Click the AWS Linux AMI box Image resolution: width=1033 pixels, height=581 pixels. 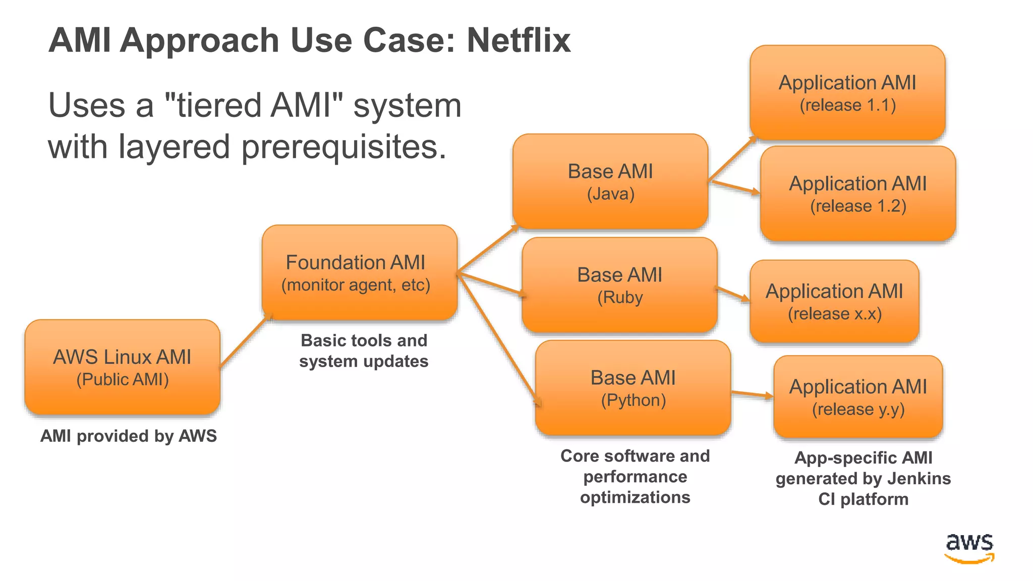click(122, 367)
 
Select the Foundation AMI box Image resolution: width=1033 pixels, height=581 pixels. click(359, 272)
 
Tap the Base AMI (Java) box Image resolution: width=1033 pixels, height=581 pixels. click(610, 181)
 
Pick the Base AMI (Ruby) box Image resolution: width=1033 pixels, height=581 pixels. click(619, 285)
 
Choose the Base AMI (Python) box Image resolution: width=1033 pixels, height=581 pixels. click(633, 388)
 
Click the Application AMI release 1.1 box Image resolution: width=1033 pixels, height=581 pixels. click(847, 92)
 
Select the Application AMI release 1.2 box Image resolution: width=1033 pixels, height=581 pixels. click(857, 193)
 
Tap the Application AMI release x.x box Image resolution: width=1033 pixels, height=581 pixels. click(834, 301)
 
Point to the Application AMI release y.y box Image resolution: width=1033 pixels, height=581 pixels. click(857, 396)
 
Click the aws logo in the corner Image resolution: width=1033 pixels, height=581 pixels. click(969, 548)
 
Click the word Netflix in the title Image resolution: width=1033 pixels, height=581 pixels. click(519, 40)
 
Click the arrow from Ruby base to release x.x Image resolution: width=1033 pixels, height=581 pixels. click(732, 295)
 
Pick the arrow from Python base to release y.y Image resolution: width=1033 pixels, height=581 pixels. click(752, 394)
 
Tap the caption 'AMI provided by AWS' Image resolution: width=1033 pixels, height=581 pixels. click(129, 436)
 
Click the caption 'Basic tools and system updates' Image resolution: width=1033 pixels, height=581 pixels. click(364, 351)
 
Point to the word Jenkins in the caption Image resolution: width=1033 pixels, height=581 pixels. click(919, 478)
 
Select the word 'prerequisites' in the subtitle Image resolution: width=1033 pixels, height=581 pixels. click(343, 147)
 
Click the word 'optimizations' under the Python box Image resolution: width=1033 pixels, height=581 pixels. click(635, 497)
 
